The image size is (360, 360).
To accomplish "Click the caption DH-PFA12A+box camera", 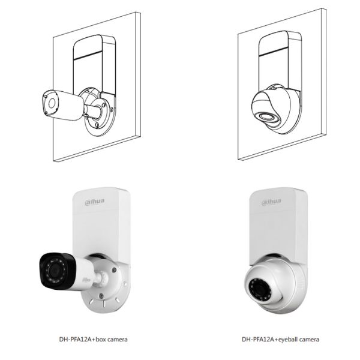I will click(x=93, y=340).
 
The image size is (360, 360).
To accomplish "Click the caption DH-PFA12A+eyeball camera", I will click(x=281, y=340).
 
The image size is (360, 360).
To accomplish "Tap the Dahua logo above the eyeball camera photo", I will click(x=271, y=201).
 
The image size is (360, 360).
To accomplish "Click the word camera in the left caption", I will click(x=116, y=340).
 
